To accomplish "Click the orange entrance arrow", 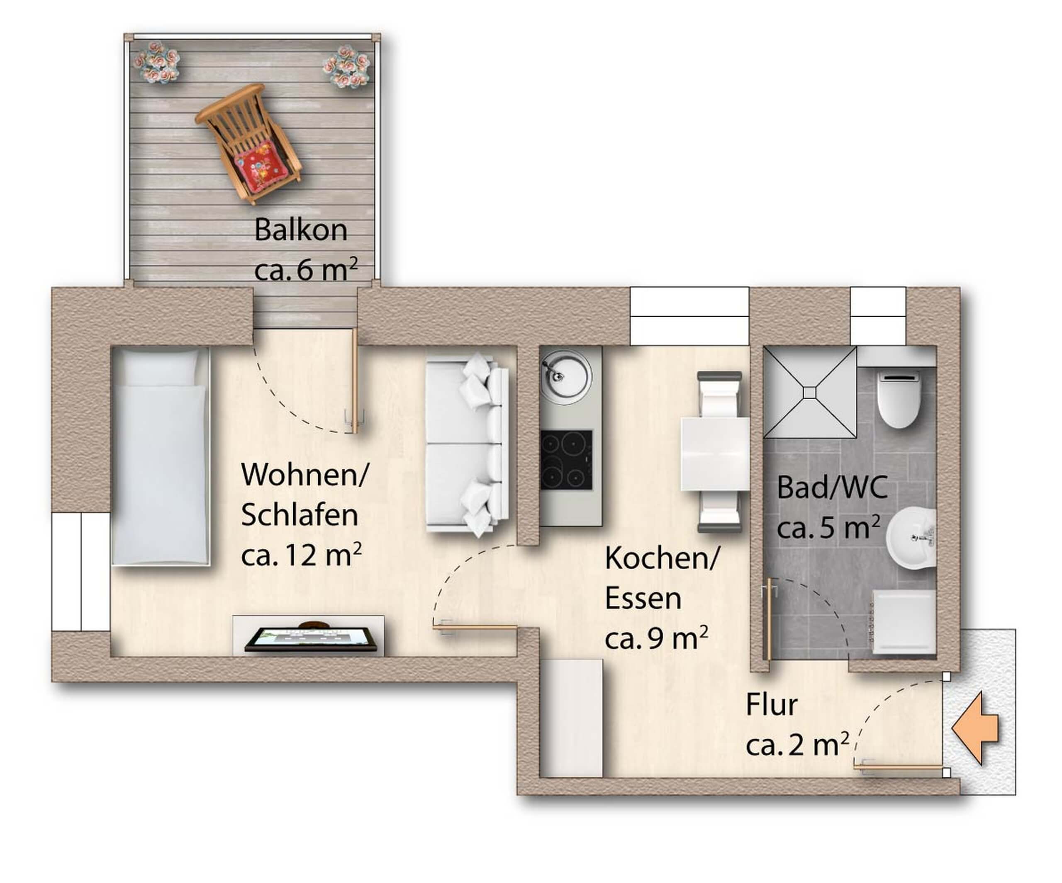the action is coord(975,728).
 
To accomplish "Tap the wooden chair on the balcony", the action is coord(249,143).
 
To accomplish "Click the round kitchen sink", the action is coord(565,378).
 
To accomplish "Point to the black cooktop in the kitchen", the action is coord(566,459).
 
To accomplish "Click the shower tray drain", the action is coord(810,393).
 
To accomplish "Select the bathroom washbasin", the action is coord(911,539).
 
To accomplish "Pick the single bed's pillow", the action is coord(160,367).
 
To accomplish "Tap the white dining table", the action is coord(715,454).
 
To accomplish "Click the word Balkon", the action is coord(301,230).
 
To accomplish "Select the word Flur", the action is coord(772,705).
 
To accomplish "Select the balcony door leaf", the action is coord(355,381).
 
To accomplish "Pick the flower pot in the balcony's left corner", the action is coord(157,62).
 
